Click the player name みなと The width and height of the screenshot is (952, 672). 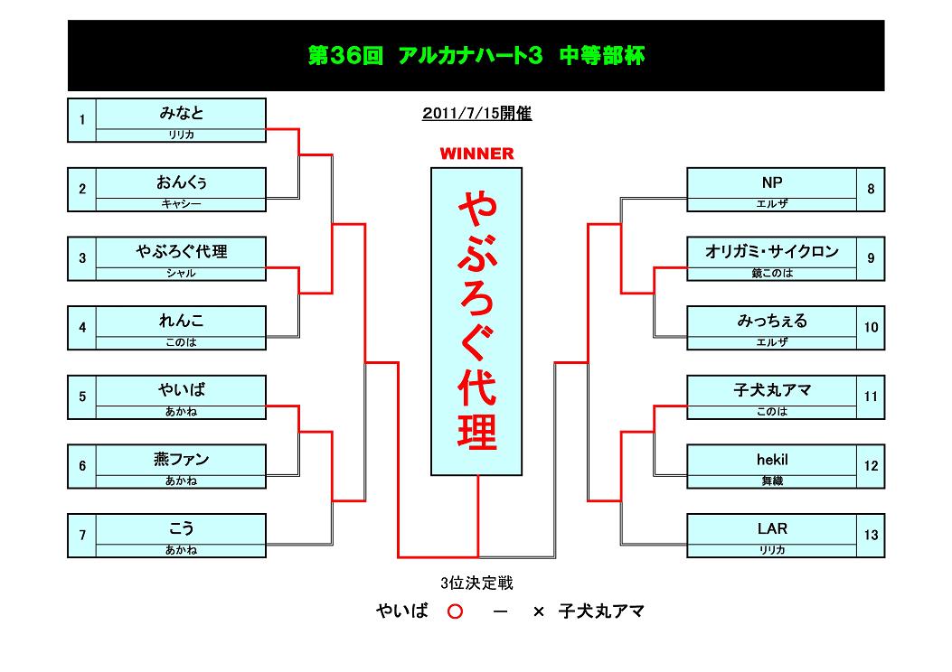coord(181,113)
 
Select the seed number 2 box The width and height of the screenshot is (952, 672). coord(82,189)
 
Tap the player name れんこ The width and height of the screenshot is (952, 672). coord(181,321)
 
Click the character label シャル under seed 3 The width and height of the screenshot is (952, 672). coord(181,273)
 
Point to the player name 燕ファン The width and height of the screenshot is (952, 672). coord(181,460)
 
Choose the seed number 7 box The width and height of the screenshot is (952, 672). coord(82,536)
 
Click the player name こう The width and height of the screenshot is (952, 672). coord(181,528)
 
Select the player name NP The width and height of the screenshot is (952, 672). coord(772,182)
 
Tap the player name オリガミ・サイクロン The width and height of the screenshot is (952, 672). coord(772,251)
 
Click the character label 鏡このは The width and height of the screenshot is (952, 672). coord(772,273)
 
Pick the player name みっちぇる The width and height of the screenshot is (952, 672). coord(772,321)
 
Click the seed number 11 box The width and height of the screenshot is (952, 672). coord(871,397)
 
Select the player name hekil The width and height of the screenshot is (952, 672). coord(772,460)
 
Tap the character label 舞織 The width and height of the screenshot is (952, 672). coord(772,481)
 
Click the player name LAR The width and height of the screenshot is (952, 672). coord(772,528)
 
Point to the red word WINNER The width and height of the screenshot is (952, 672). coord(476,154)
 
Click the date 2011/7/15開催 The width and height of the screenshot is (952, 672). coord(476,114)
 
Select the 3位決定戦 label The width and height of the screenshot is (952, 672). coord(476,583)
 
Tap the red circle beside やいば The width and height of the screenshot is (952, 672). coord(456,611)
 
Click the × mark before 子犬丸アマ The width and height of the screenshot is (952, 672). coord(539,611)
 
